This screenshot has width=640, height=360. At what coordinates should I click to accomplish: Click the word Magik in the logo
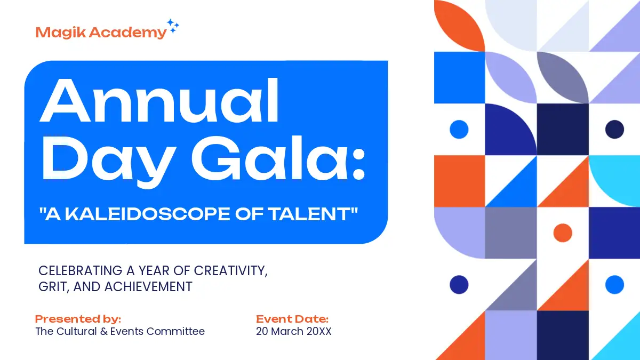coord(61,33)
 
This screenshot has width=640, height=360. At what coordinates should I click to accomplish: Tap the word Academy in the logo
coord(127,33)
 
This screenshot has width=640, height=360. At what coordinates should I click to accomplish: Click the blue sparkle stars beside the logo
coord(173,26)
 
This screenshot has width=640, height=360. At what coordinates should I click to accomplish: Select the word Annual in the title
coord(159,100)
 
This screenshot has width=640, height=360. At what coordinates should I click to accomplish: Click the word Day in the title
coord(109,162)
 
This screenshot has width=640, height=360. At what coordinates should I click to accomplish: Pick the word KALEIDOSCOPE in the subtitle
coord(147,214)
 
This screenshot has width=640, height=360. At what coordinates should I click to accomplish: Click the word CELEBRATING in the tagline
coord(81,270)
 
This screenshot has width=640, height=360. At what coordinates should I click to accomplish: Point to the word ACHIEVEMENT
coord(148,286)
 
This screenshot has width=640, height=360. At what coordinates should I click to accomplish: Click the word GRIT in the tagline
coord(54,287)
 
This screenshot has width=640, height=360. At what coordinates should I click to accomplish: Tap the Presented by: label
coord(78,319)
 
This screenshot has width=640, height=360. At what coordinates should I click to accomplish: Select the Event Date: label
coord(292,319)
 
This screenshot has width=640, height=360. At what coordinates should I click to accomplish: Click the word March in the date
coord(287,331)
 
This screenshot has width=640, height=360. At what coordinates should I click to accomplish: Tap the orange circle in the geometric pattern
coord(563,233)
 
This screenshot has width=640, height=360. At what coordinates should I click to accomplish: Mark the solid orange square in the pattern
coord(459,181)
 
